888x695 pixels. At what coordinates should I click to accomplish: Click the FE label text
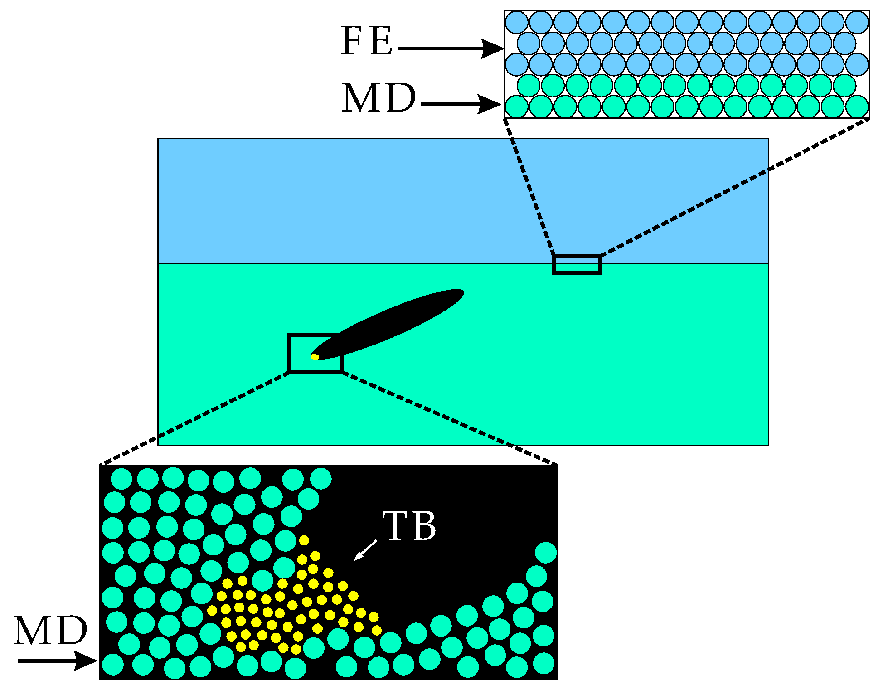[x=367, y=41]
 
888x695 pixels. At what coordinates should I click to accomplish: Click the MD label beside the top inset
[x=379, y=98]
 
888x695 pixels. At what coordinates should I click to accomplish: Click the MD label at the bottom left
[x=50, y=631]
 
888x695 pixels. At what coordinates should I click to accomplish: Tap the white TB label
[x=409, y=526]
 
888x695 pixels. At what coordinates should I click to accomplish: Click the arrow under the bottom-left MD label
[x=57, y=661]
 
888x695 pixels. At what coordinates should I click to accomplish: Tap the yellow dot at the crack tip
[x=315, y=357]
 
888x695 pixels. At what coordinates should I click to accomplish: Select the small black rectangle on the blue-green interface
[x=577, y=265]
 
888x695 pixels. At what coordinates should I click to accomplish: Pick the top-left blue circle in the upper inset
[x=517, y=22]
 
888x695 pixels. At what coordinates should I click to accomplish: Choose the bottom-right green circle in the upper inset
[x=857, y=107]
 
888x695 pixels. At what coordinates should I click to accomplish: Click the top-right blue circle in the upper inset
[x=857, y=22]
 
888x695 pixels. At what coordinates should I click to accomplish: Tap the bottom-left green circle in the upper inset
[x=517, y=107]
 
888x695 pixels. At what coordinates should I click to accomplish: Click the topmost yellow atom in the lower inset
[x=304, y=540]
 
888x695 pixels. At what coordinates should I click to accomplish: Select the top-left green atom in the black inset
[x=121, y=479]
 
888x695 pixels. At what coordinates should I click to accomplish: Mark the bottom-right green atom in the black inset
[x=543, y=663]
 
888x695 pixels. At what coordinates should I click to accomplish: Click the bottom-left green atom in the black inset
[x=113, y=665]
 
